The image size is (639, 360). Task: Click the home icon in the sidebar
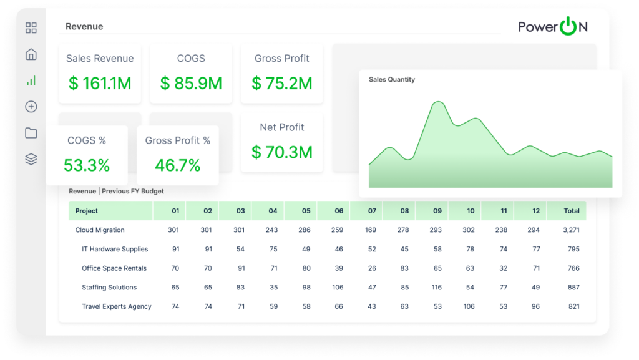[31, 54]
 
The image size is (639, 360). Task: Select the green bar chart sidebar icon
[31, 80]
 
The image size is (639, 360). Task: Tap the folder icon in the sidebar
[31, 133]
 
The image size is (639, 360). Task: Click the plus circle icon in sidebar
[31, 107]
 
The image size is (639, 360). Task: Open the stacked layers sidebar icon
[31, 159]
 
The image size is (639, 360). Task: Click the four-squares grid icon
[31, 28]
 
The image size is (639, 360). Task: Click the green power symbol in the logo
[568, 27]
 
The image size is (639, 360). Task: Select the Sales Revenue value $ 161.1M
[100, 83]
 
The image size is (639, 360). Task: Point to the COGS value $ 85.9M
[191, 83]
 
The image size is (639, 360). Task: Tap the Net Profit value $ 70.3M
[282, 152]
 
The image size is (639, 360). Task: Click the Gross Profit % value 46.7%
[177, 165]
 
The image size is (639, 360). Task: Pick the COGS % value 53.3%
[87, 165]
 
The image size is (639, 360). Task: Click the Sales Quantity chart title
[392, 80]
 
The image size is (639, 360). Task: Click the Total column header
[572, 211]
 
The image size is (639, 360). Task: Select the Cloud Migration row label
[100, 230]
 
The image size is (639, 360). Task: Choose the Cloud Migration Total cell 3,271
[571, 230]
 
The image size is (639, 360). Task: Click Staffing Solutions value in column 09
[437, 288]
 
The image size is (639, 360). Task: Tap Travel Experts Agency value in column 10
[470, 307]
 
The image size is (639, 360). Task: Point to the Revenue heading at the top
[84, 27]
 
